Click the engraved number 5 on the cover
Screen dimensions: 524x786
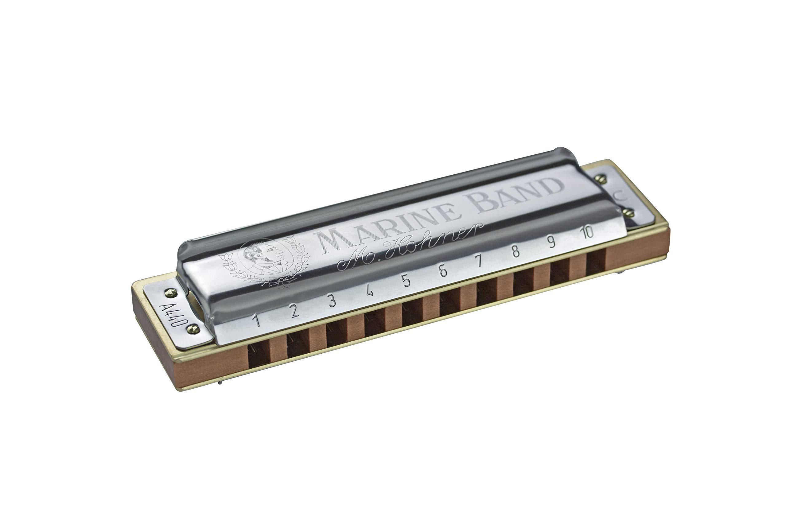coord(407,282)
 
